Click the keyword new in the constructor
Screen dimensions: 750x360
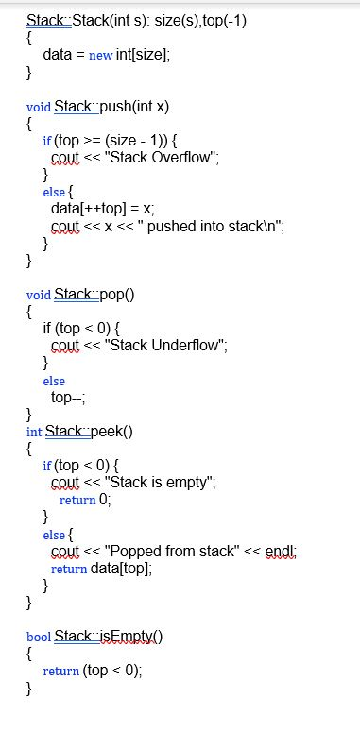point(100,55)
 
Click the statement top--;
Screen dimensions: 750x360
point(68,397)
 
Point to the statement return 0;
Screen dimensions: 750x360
point(85,500)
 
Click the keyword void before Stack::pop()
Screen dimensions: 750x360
point(40,294)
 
